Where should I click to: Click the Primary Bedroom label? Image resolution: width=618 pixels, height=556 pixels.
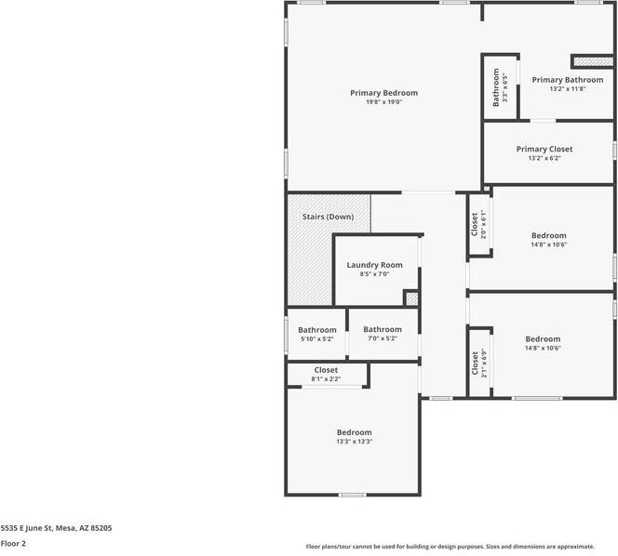383,93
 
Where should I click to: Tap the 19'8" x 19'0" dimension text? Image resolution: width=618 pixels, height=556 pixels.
383,102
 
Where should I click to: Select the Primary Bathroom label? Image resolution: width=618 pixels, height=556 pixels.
567,80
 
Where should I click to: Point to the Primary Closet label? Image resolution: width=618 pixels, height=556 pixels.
544,149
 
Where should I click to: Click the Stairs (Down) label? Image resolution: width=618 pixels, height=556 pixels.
328,217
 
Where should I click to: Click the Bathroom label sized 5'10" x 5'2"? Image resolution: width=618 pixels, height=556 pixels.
316,330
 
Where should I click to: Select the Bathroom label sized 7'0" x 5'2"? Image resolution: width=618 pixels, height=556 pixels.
382,329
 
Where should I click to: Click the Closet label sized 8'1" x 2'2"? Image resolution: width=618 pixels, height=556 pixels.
326,370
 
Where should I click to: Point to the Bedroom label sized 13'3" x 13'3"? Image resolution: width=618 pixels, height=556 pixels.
354,432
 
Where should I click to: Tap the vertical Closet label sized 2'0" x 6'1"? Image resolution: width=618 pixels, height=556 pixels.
475,223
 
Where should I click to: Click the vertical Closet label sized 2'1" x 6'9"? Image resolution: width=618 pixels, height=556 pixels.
475,363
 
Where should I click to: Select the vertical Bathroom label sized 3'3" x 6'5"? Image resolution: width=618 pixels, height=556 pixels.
496,88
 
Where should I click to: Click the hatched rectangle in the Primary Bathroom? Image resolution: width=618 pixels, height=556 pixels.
585,60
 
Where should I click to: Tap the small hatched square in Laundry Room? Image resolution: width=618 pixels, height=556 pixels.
410,298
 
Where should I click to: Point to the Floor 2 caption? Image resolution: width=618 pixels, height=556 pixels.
13,543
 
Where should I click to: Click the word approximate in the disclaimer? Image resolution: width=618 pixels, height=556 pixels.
596,547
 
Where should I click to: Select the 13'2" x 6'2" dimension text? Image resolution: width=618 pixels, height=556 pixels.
544,158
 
